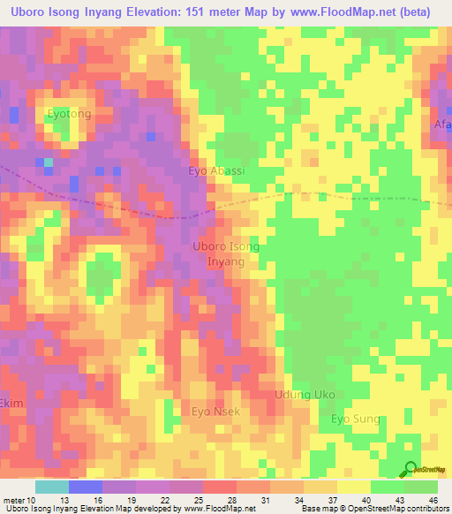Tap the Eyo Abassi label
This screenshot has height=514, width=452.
216,171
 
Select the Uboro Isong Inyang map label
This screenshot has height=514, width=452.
226,254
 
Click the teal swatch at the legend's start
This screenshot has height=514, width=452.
51,487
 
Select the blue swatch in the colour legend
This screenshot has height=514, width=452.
85,487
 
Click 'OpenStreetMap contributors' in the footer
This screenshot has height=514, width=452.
400,509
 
